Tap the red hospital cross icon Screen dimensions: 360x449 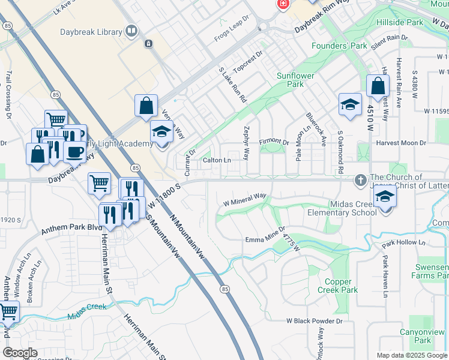pyautogui.click(x=282, y=4)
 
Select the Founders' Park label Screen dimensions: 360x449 pyautogui.click(x=339, y=46)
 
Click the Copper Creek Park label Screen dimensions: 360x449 pyautogui.click(x=341, y=286)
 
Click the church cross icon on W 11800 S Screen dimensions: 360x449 pyautogui.click(x=360, y=179)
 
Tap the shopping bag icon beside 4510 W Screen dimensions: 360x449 pyautogui.click(x=378, y=86)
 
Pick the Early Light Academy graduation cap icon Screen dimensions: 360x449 pyautogui.click(x=161, y=131)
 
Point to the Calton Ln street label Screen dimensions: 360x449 pyautogui.click(x=217, y=160)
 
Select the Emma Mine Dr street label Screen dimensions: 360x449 pyautogui.click(x=265, y=237)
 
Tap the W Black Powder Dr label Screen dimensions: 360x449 pyautogui.click(x=314, y=321)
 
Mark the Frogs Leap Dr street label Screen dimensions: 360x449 pyautogui.click(x=231, y=30)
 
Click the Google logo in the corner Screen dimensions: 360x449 pyautogui.click(x=20, y=353)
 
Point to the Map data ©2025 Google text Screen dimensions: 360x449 pyautogui.click(x=412, y=355)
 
